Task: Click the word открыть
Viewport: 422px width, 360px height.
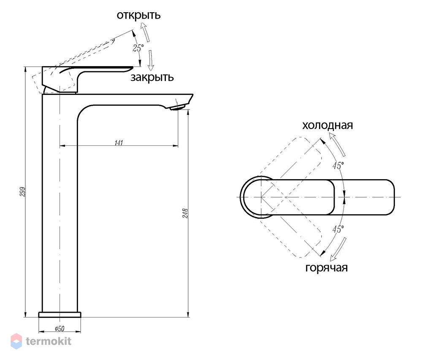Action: pyautogui.click(x=138, y=16)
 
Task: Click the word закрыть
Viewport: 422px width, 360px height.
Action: pyautogui.click(x=152, y=78)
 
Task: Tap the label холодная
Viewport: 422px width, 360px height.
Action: pyautogui.click(x=327, y=125)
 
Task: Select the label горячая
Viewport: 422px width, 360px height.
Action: pyautogui.click(x=327, y=268)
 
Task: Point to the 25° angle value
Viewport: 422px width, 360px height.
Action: pyautogui.click(x=138, y=48)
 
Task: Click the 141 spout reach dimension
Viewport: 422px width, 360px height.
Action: pyautogui.click(x=119, y=143)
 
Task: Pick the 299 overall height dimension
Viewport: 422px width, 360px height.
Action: pyautogui.click(x=23, y=192)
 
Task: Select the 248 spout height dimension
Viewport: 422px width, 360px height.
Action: pyautogui.click(x=185, y=213)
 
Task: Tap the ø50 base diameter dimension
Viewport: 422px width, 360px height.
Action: pyautogui.click(x=60, y=328)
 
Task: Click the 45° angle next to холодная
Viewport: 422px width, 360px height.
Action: pyautogui.click(x=338, y=166)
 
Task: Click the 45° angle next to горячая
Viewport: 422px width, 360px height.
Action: pyautogui.click(x=338, y=229)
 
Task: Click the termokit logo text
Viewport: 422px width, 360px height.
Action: pyautogui.click(x=49, y=341)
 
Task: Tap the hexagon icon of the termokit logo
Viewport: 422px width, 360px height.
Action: pyautogui.click(x=16, y=341)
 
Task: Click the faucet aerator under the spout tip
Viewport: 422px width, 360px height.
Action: pyautogui.click(x=178, y=108)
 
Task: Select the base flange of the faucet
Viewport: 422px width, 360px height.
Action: pyautogui.click(x=60, y=314)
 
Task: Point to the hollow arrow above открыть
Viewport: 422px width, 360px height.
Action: pyautogui.click(x=145, y=32)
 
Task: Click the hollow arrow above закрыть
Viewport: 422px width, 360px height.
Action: pyautogui.click(x=151, y=60)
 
